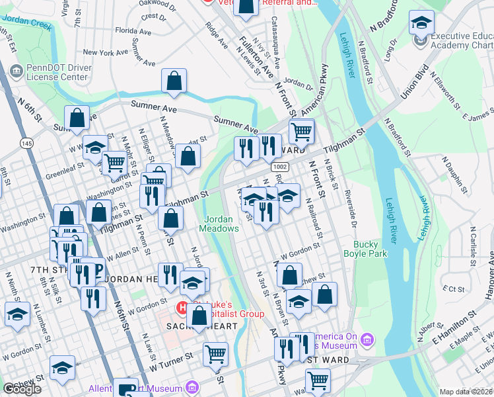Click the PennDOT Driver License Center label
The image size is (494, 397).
pos(56,72)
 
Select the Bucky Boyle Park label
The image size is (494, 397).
pos(369,248)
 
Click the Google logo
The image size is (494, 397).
pos(22,389)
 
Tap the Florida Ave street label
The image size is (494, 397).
pos(133,30)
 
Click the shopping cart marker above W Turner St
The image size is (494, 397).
pos(216,353)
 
